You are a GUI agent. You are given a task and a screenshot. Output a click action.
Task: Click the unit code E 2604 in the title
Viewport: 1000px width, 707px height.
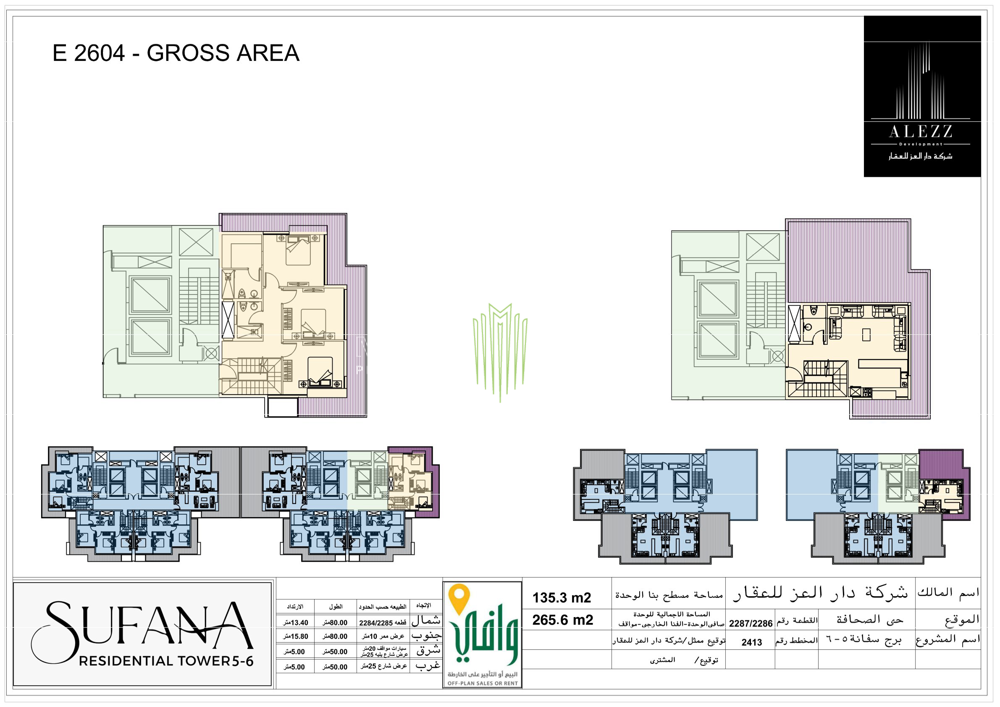click(x=89, y=53)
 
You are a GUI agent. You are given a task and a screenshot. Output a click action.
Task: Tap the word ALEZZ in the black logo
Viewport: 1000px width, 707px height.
click(x=920, y=131)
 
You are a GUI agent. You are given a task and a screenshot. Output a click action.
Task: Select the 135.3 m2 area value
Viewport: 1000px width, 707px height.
click(x=562, y=598)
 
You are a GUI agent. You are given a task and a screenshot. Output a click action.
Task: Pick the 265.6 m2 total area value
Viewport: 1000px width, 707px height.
click(x=562, y=620)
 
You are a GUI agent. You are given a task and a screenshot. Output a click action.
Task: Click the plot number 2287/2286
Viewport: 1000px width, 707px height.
click(x=751, y=624)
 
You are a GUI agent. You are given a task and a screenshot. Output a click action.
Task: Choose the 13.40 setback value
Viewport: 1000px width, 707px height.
click(x=296, y=623)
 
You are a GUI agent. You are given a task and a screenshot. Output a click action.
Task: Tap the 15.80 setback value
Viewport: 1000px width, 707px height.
click(x=296, y=636)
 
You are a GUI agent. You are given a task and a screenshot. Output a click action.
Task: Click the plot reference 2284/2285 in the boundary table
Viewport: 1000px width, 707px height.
click(x=376, y=623)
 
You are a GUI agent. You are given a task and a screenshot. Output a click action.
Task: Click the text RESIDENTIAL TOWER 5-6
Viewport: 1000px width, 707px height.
click(x=166, y=661)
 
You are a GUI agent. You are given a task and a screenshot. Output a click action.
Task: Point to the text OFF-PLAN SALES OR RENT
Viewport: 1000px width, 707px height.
click(x=483, y=683)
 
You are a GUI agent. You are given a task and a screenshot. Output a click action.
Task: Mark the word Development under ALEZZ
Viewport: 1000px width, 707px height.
click(x=920, y=144)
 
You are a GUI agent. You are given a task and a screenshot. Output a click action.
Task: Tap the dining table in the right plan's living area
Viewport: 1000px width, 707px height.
click(x=866, y=334)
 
